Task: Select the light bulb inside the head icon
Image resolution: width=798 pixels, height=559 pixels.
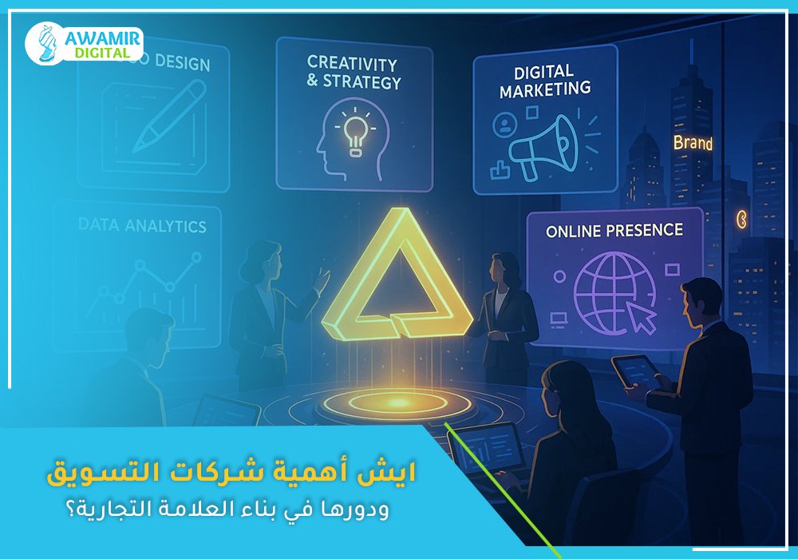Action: click(x=354, y=132)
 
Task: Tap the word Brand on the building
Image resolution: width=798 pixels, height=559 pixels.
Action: click(x=692, y=144)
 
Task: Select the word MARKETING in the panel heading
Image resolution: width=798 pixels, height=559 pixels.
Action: click(x=545, y=90)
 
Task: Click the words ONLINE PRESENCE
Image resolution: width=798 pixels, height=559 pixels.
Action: click(x=614, y=231)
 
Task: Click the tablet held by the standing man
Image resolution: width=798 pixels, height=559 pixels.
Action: click(x=635, y=369)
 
